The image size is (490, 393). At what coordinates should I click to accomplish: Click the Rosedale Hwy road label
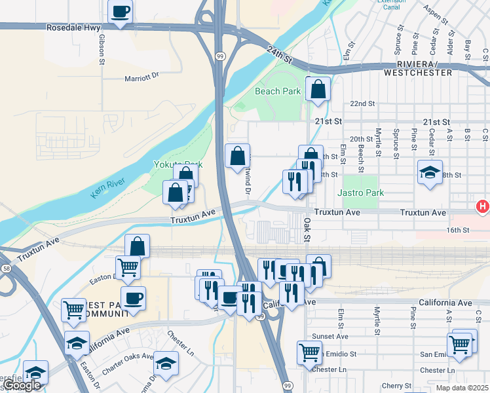point(73,28)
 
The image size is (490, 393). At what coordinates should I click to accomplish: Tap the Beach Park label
point(277,91)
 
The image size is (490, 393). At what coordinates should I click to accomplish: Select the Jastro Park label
point(360,193)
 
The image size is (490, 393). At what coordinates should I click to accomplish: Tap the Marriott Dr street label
point(141,77)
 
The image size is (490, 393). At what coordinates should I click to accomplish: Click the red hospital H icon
point(483,207)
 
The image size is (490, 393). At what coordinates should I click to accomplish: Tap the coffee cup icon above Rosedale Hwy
point(121,12)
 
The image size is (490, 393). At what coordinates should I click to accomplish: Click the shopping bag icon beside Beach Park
point(318,90)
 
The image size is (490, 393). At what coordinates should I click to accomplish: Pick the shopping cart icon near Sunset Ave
point(309,352)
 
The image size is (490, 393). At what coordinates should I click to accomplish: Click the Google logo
point(22,386)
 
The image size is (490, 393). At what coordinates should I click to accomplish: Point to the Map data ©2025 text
point(462,388)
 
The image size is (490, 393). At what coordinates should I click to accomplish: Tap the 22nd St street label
point(362,104)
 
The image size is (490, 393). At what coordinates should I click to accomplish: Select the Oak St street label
point(307,229)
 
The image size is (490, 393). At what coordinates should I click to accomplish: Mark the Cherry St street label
point(398,386)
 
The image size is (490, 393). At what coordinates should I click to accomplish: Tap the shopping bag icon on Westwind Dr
point(237,157)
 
